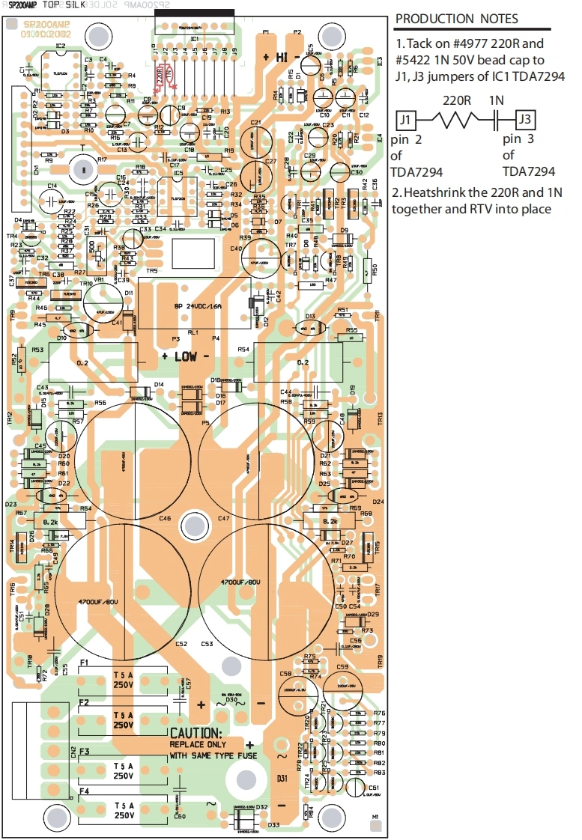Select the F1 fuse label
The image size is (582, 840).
pos(84,663)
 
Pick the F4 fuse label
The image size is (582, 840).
pos(84,790)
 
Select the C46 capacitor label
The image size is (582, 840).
pos(164,518)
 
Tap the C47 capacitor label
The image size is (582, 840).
pos(223,518)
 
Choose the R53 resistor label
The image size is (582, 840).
pos(37,350)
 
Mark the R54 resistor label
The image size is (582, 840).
pos(243,350)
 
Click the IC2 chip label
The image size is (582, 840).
pos(60,46)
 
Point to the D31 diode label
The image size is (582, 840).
pos(282,779)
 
